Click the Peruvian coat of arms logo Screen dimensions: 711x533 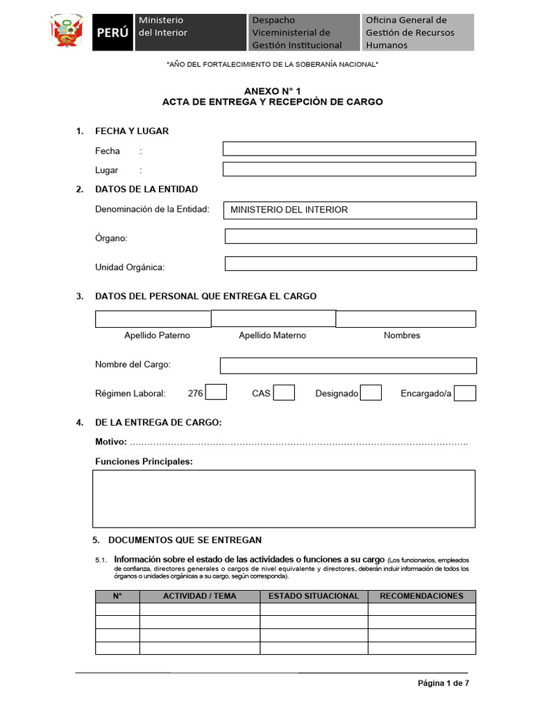tap(68, 32)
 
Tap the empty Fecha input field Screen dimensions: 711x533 tap(349, 149)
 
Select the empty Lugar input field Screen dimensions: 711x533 tap(349, 169)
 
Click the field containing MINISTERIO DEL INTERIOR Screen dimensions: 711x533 tap(350, 210)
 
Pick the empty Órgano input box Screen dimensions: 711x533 tap(350, 236)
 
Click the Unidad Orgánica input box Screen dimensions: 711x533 tap(350, 263)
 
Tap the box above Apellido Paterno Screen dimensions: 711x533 tap(153, 319)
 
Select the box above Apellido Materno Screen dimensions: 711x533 tap(273, 318)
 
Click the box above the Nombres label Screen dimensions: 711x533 tap(406, 319)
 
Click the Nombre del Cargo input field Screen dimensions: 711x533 tap(348, 366)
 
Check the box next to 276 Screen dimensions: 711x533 tap(217, 393)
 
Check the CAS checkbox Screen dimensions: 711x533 tap(284, 393)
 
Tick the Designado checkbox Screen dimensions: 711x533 tap(371, 393)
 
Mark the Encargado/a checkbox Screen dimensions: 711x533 tap(465, 393)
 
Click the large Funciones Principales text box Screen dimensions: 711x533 tap(284, 499)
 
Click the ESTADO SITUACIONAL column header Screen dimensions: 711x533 tap(314, 596)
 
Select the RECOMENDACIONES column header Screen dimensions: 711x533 tap(421, 596)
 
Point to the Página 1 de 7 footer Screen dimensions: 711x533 tap(443, 683)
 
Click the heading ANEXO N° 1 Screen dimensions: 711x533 tap(272, 91)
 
